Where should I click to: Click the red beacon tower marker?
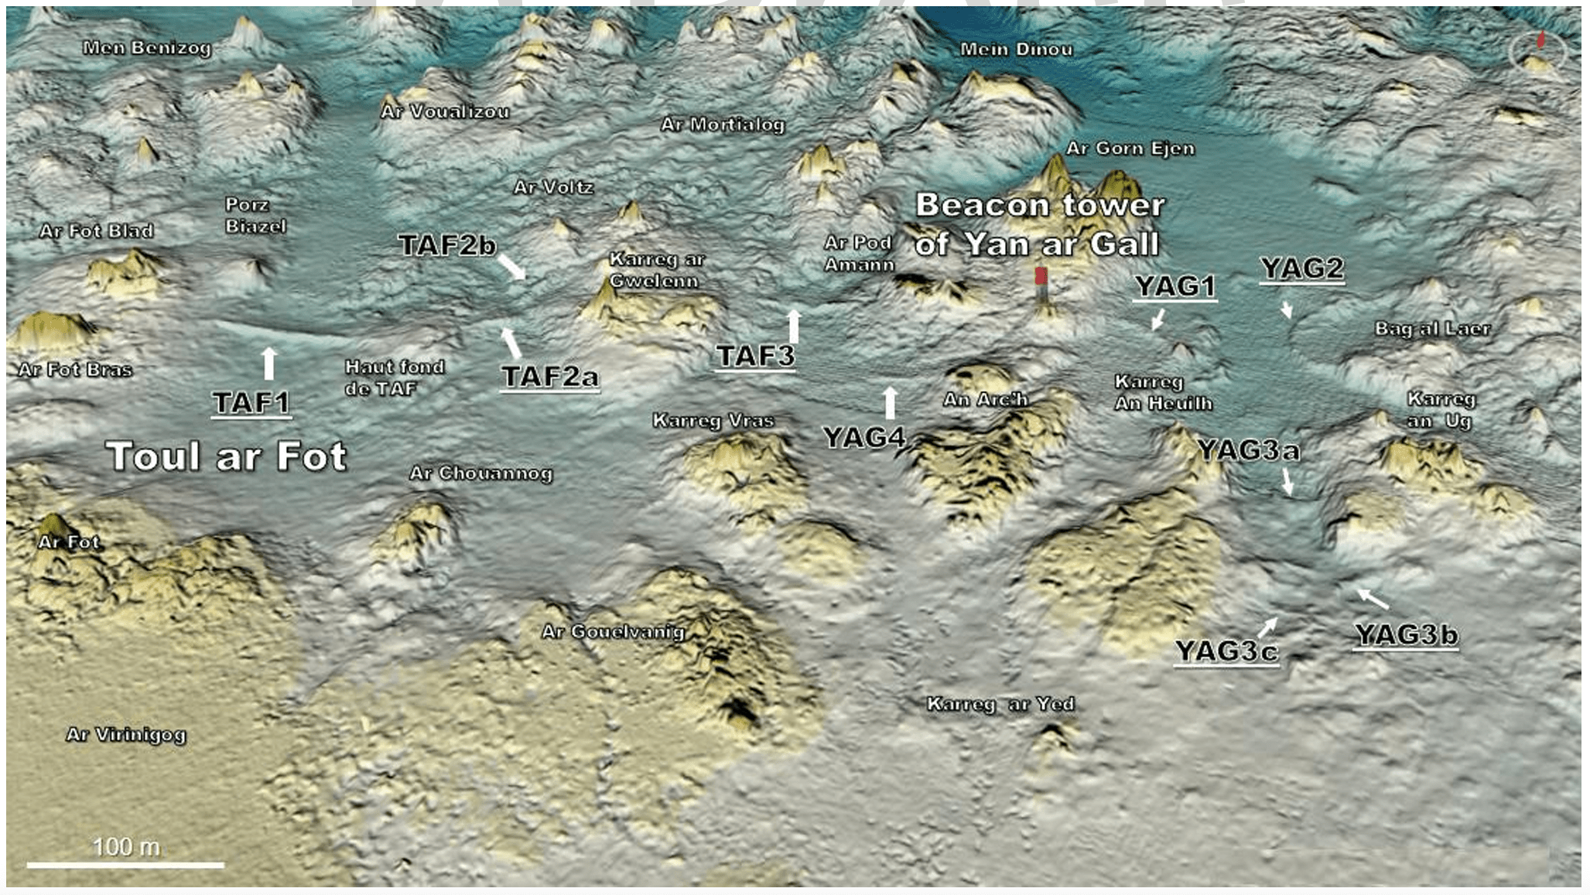(x=1041, y=277)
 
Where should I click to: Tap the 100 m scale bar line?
(x=125, y=864)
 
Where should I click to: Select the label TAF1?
(x=251, y=402)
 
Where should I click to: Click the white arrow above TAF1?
(x=268, y=363)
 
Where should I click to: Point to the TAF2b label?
(x=446, y=245)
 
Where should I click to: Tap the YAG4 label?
(x=863, y=438)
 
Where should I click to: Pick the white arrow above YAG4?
(x=890, y=402)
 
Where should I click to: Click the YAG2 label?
(x=1302, y=268)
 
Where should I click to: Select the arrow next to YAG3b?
(x=1373, y=598)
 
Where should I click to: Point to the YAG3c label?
(x=1226, y=651)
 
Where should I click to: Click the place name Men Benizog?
(x=147, y=48)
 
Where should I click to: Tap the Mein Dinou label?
(x=1016, y=50)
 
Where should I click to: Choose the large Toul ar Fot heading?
(x=226, y=456)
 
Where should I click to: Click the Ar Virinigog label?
(x=126, y=734)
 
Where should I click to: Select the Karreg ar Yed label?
(x=1000, y=704)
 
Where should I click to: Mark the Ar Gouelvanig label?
(x=613, y=632)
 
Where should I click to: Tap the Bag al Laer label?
(x=1432, y=329)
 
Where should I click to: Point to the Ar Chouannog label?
(x=480, y=473)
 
